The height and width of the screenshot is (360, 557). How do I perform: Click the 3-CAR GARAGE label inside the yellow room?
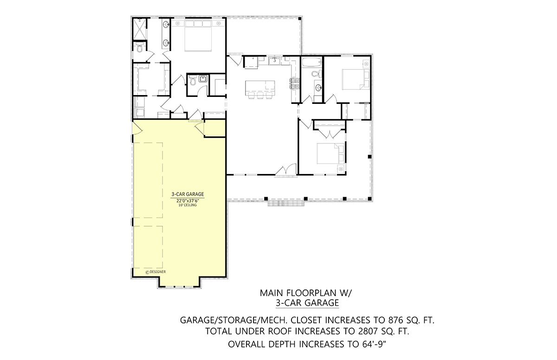tap(188, 194)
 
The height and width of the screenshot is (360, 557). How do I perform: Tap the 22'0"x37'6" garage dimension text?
tap(188, 201)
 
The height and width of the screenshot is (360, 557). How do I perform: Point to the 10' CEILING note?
tap(188, 205)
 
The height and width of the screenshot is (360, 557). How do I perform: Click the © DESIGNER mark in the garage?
tap(155, 272)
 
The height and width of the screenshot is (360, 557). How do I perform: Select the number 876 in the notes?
tap(392, 320)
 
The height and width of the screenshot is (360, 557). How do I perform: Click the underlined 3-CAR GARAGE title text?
tap(307, 303)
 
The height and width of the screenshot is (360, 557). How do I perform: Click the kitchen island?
tap(260, 88)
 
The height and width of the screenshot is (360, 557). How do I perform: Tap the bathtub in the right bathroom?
tap(311, 62)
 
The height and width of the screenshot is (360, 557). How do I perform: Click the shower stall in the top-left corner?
tap(140, 29)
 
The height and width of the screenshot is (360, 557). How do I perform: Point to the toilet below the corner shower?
tap(139, 47)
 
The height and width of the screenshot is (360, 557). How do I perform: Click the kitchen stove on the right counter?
tap(295, 84)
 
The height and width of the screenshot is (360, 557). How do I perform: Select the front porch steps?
tap(286, 203)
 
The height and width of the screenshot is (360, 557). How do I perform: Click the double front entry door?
tap(286, 170)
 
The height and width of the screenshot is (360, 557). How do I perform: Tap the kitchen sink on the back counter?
tap(274, 61)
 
